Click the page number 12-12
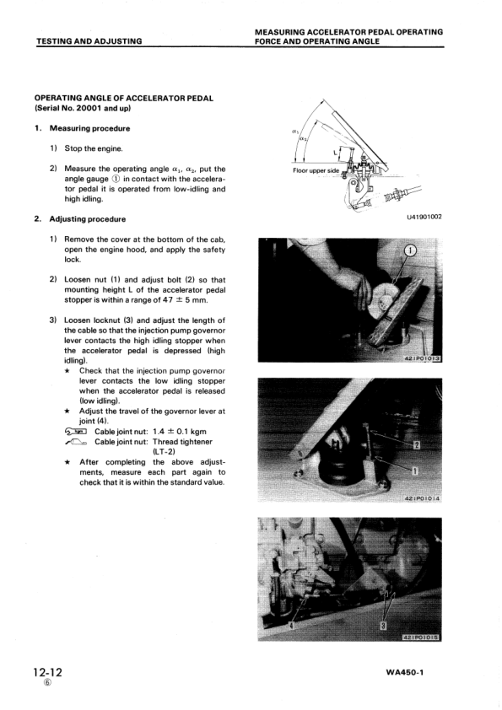click(x=47, y=671)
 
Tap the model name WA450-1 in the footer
click(x=405, y=672)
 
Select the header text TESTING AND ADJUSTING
click(x=89, y=41)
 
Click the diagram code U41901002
click(x=424, y=217)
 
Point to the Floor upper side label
click(x=316, y=170)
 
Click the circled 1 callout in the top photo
click(x=410, y=250)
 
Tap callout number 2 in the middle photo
click(x=417, y=445)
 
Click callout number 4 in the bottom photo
click(x=291, y=625)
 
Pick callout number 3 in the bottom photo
click(x=383, y=626)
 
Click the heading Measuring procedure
click(x=89, y=129)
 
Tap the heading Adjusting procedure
click(x=88, y=219)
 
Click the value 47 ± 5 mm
click(x=186, y=300)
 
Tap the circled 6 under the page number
click(x=47, y=683)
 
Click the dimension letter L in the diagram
click(x=335, y=153)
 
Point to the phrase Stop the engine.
click(x=94, y=148)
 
